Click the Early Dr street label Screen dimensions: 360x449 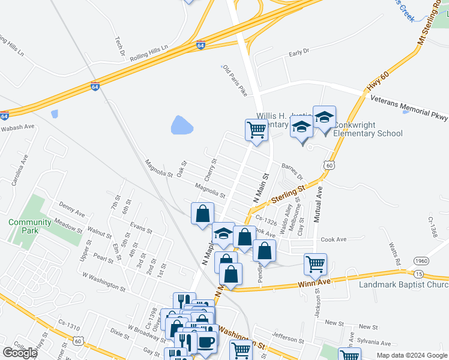click(298, 52)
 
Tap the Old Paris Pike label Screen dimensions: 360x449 click(235, 81)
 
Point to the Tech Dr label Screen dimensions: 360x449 click(119, 46)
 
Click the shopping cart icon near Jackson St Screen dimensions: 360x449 click(315, 263)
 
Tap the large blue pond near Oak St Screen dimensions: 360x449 click(182, 125)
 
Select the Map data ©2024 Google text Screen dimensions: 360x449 click(411, 355)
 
